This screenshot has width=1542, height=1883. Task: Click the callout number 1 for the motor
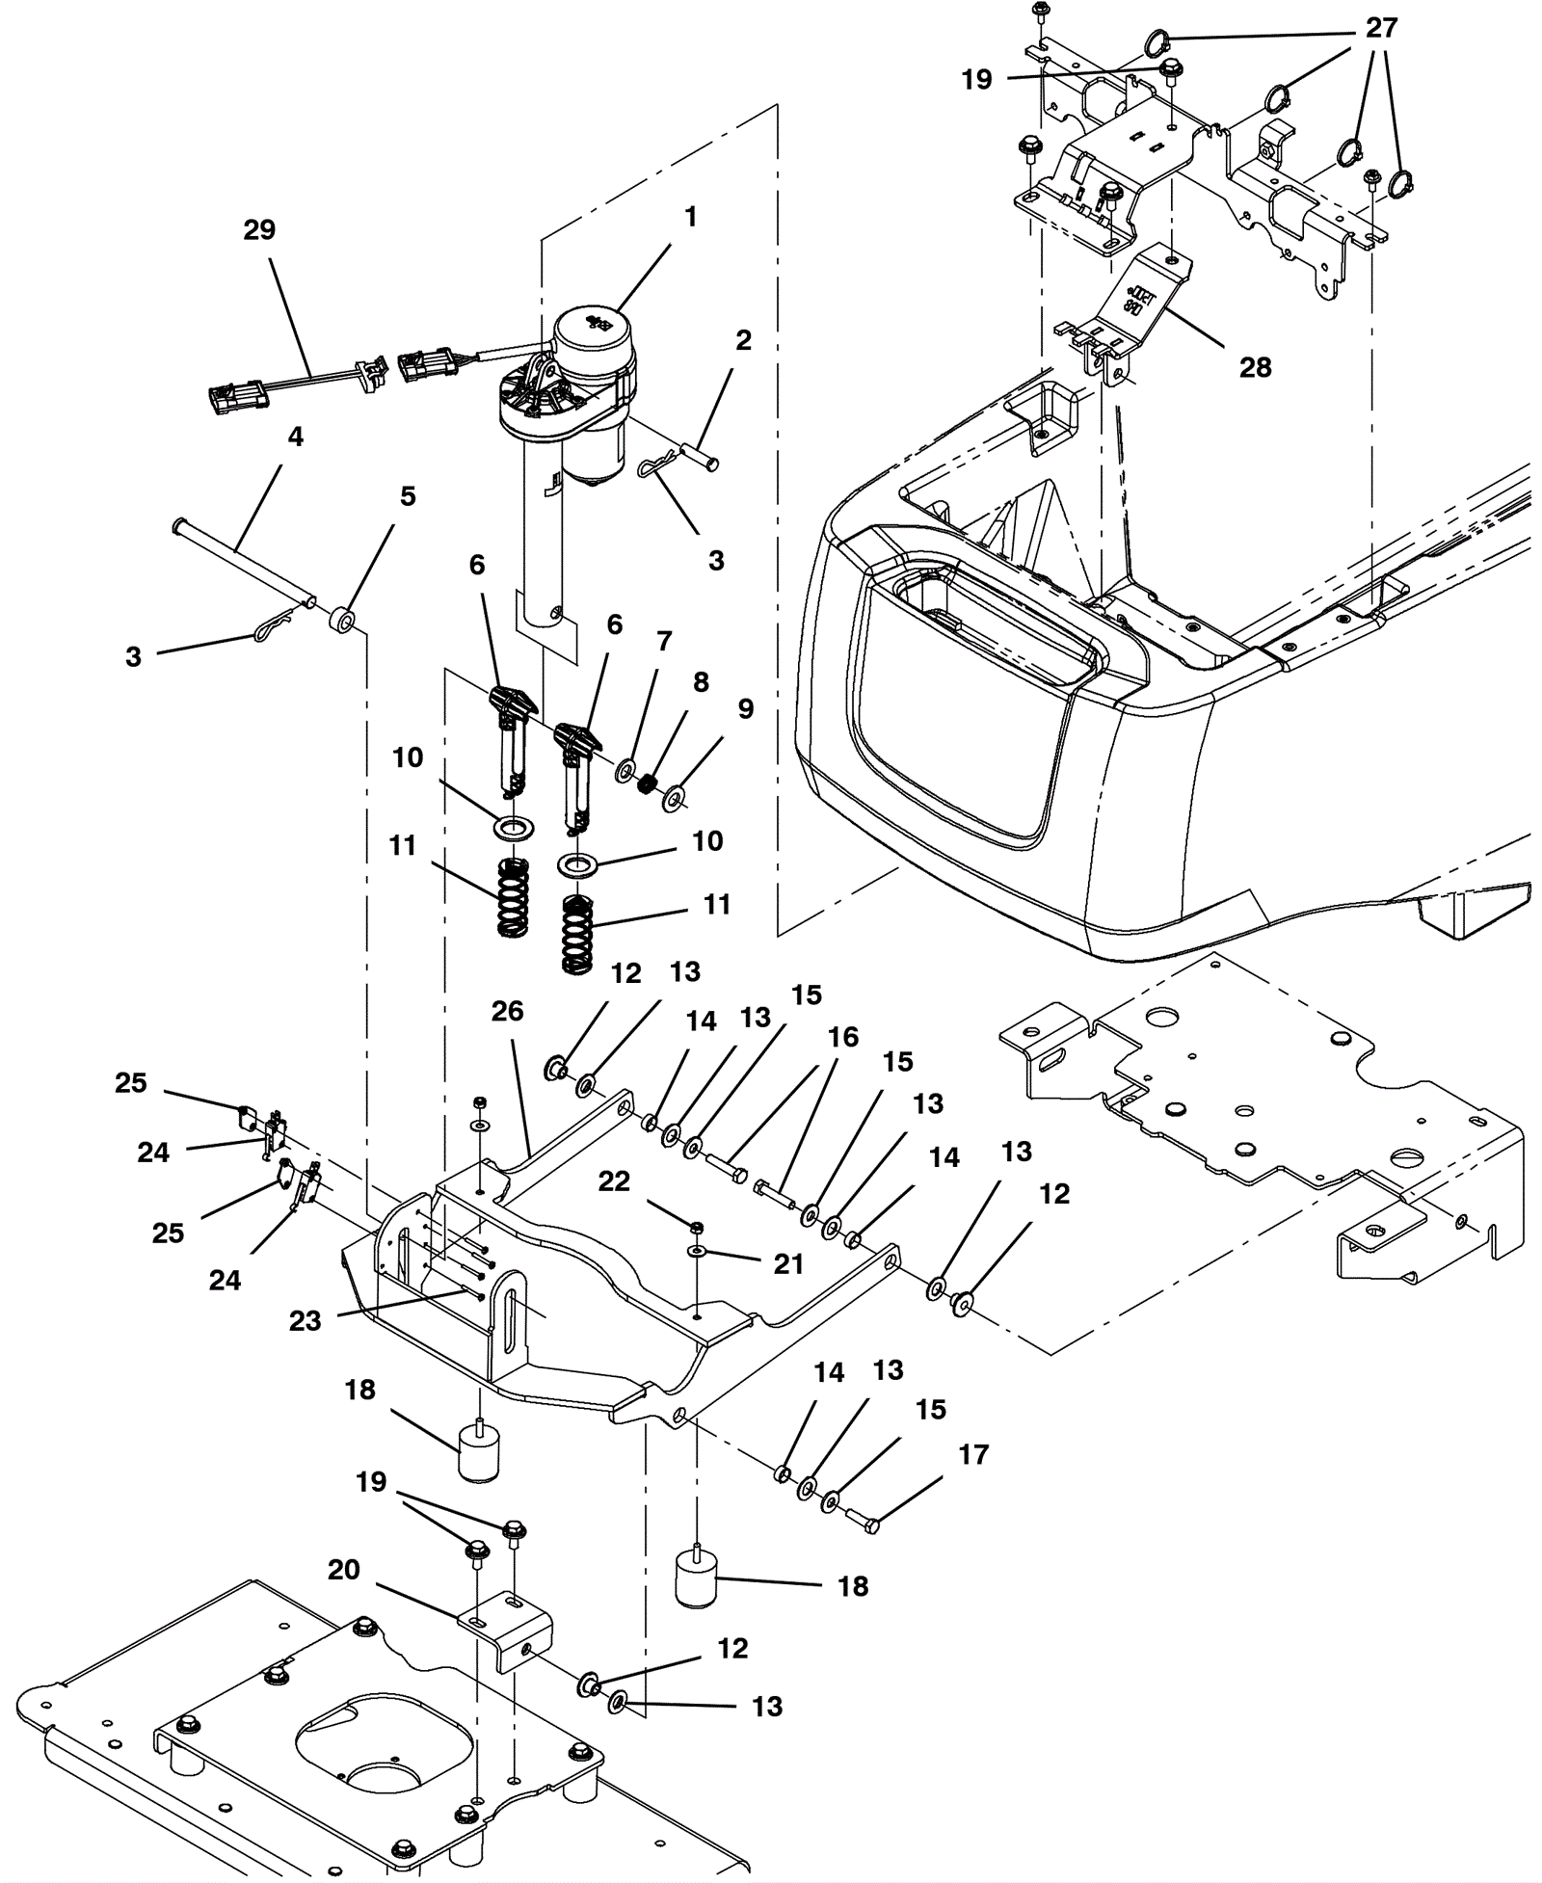(690, 217)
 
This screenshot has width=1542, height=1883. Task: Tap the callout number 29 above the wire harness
(259, 229)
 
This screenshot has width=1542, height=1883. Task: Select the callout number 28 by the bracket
(1255, 367)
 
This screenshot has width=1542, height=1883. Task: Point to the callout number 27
(1381, 28)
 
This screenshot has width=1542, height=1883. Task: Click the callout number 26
(507, 1011)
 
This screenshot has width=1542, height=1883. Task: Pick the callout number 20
(344, 1570)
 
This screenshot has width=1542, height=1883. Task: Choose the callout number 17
(973, 1454)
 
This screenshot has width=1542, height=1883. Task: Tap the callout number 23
(305, 1321)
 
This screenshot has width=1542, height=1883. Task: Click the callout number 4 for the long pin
(295, 437)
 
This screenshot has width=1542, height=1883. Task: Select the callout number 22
(614, 1181)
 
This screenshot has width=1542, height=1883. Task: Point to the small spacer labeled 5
(342, 618)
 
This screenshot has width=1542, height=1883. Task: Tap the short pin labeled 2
(700, 457)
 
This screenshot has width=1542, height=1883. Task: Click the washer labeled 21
(696, 1251)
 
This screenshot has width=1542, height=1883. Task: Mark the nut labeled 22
(696, 1226)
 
